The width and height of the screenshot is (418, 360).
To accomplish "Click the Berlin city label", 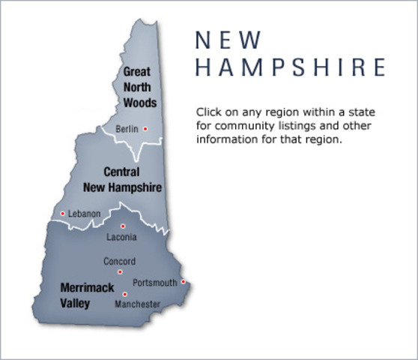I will click(x=127, y=129).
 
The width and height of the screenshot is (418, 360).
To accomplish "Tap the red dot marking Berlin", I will click(x=145, y=129).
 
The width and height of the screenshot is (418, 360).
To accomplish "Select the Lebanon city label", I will click(x=84, y=214).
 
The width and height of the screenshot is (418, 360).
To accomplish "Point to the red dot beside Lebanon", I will click(x=62, y=214).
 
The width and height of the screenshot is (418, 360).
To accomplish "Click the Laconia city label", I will click(x=122, y=238).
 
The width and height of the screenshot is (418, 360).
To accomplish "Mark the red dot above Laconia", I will click(x=123, y=226).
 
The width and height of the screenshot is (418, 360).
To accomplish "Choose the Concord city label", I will click(x=120, y=261).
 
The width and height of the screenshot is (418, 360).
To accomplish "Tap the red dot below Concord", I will click(x=120, y=271).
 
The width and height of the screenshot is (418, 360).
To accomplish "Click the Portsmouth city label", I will click(x=154, y=283).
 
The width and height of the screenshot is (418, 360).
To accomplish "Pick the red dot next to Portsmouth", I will click(x=184, y=282).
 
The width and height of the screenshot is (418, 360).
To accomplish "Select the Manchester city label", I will click(x=137, y=304).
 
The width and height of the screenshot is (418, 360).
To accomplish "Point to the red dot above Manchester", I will click(x=124, y=294).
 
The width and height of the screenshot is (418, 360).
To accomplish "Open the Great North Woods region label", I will click(x=136, y=86).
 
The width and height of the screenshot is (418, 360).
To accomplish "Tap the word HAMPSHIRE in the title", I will click(x=290, y=67).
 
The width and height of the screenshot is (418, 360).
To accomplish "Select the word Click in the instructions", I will click(x=208, y=111).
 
